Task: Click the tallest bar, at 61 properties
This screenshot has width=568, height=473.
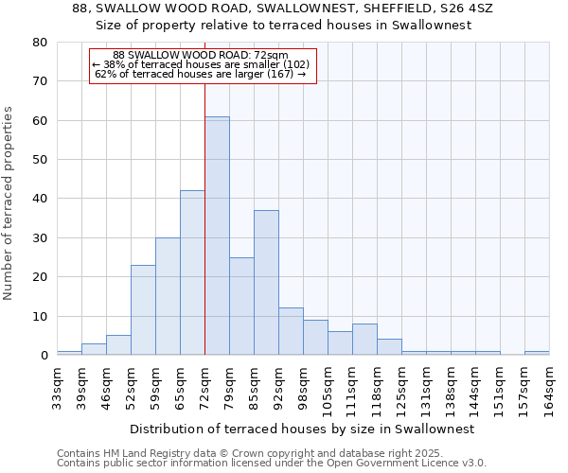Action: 217,236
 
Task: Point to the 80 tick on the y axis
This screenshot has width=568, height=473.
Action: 40,43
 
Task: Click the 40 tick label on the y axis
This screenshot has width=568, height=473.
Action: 40,199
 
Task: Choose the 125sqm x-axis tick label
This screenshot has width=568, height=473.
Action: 401,386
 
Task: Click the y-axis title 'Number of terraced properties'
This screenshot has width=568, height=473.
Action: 9,202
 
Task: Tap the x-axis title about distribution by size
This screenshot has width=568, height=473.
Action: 301,429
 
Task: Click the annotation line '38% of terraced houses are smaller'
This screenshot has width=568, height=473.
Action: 200,64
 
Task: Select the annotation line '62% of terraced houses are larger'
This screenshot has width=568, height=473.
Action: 200,74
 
